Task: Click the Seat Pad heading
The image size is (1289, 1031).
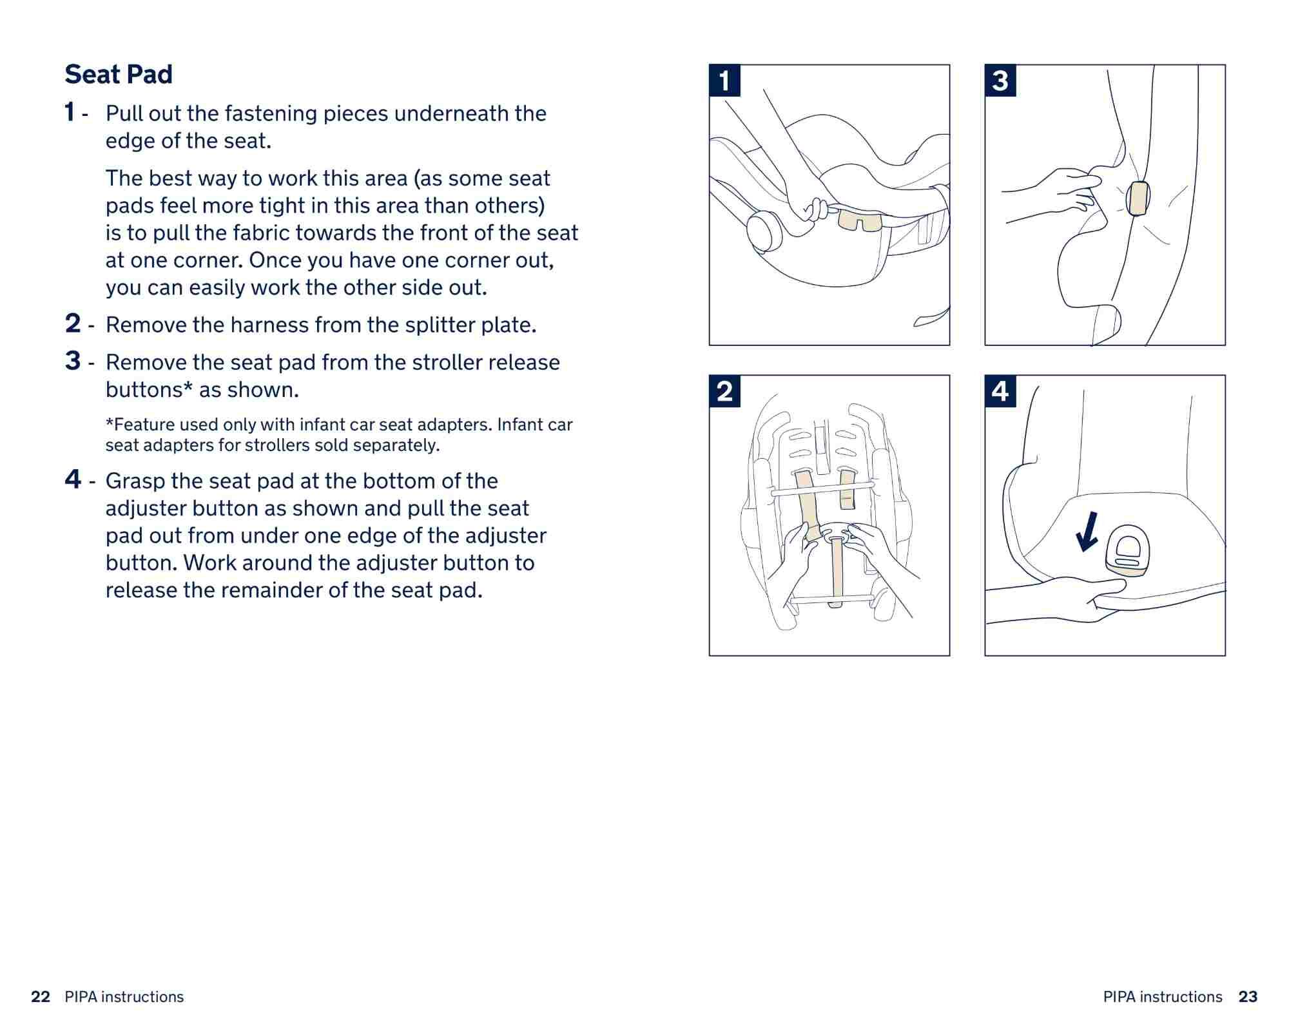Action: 119,74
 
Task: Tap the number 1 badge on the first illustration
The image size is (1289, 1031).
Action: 724,81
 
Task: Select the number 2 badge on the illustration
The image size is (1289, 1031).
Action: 724,391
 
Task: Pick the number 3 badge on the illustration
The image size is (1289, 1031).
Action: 1000,81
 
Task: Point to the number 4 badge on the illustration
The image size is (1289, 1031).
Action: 1000,391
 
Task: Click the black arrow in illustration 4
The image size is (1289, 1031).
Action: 1088,532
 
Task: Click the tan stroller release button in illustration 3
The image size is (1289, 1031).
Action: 1138,198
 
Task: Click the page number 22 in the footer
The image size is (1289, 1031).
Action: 41,997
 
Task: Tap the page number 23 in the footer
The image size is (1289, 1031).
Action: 1248,997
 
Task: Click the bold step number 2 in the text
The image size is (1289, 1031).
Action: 73,323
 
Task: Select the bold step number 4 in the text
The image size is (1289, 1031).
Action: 73,479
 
